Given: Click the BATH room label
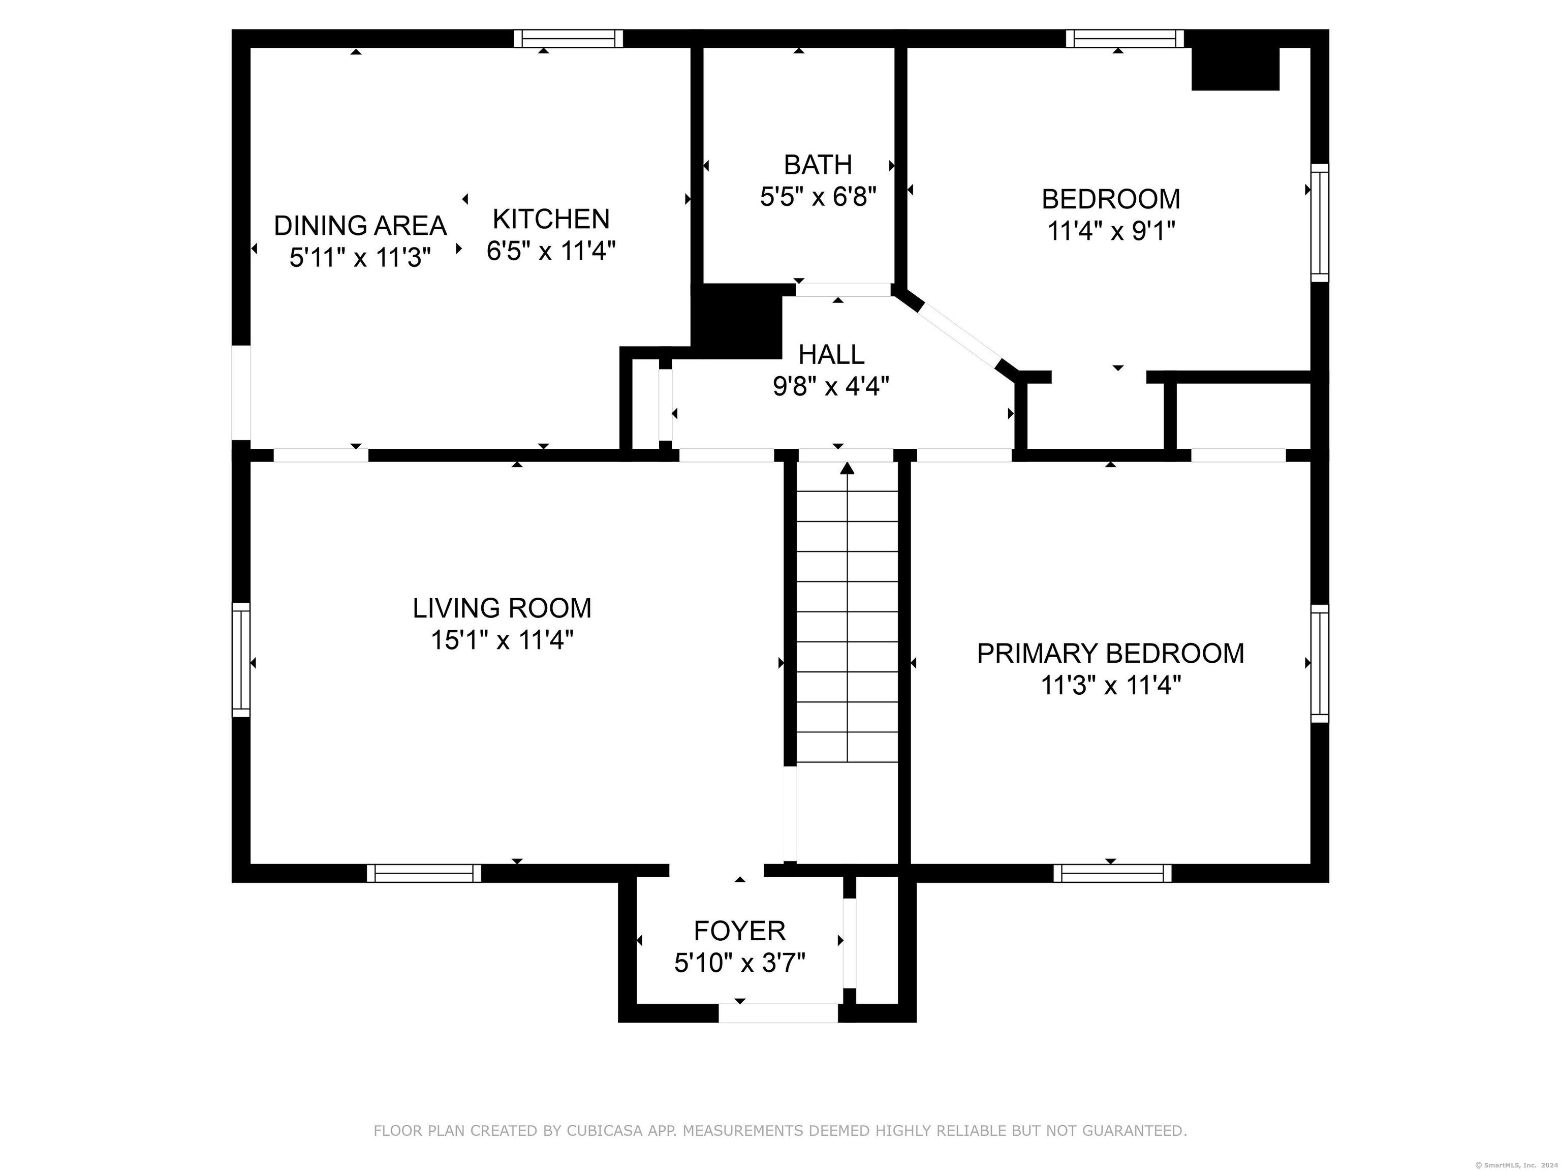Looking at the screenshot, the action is (x=818, y=165).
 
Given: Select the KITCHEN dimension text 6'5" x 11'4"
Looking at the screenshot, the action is (x=551, y=251).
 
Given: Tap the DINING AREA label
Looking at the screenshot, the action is (x=360, y=226).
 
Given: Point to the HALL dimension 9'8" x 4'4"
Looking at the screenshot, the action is (x=831, y=386).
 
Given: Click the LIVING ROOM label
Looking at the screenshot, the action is (x=502, y=608).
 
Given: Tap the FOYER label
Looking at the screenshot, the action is (x=739, y=931).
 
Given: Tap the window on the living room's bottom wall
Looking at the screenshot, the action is (x=424, y=873).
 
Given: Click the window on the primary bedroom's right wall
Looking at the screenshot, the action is (x=1320, y=663).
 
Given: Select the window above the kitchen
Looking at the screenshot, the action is (x=568, y=38).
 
